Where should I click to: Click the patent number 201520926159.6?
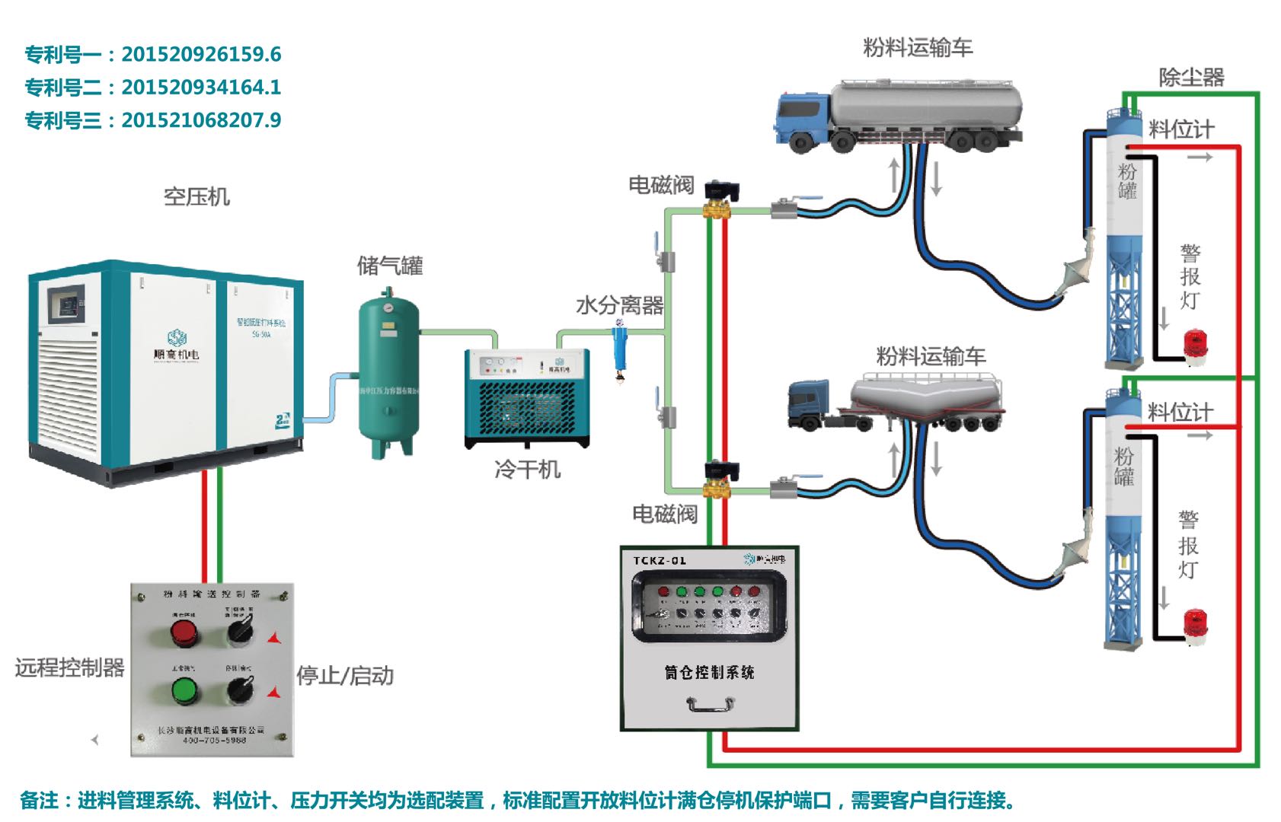coord(201,55)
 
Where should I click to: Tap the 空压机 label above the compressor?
coord(196,197)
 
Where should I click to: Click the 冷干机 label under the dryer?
coord(527,470)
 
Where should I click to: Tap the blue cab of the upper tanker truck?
coord(802,118)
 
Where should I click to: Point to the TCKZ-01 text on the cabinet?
coord(660,561)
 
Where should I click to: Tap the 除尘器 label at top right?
coord(1191,78)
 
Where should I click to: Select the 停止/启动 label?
coord(345,676)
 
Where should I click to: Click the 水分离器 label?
coord(620,306)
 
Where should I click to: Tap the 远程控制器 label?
coord(69,668)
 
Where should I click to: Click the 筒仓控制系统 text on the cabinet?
coord(709,673)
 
